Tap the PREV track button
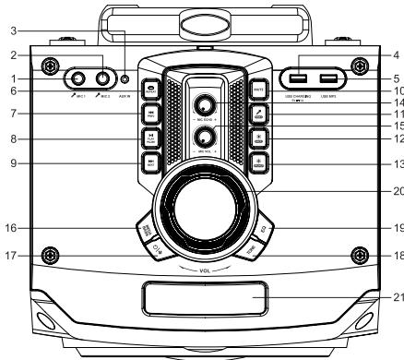pyautogui.click(x=149, y=115)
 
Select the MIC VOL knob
pyautogui.click(x=203, y=137)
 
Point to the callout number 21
pyautogui.click(x=397, y=296)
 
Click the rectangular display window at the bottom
pyautogui.click(x=203, y=297)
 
